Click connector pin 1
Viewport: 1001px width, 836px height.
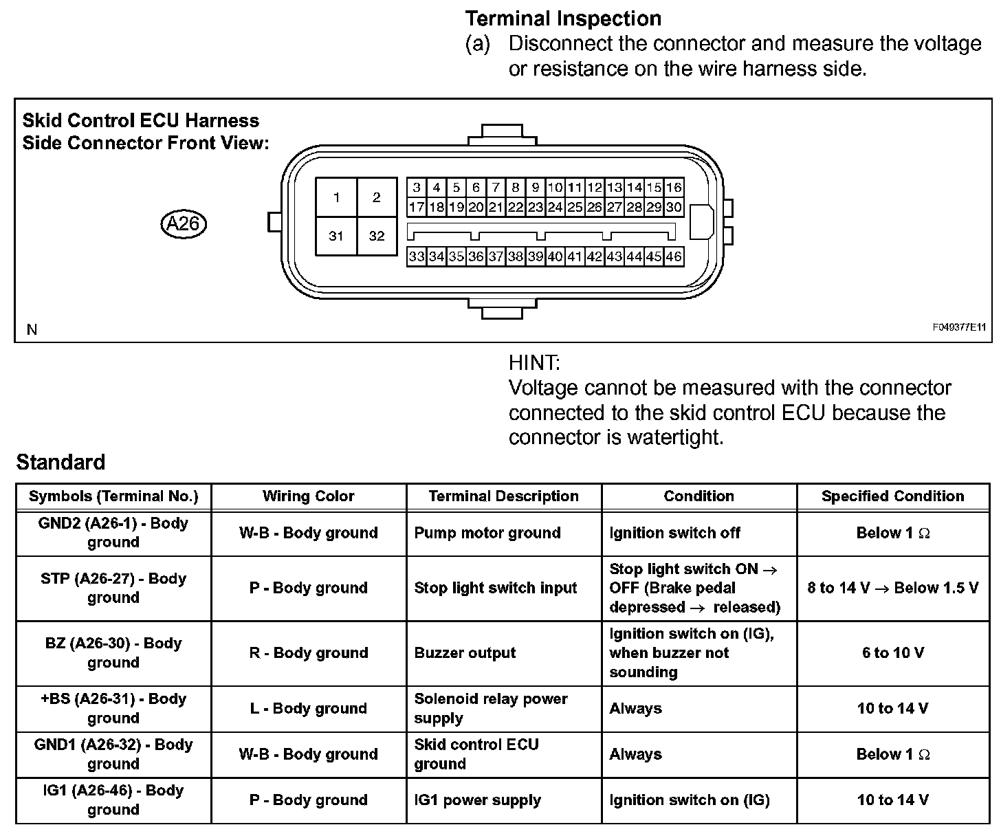pos(336,198)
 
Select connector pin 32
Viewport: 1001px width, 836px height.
pos(377,236)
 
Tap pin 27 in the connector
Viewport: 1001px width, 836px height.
pos(614,207)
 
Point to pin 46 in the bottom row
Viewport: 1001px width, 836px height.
pos(674,256)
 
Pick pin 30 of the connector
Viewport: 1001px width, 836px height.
pos(674,207)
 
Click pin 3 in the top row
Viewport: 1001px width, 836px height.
pos(416,187)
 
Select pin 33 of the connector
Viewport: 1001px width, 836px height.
pos(416,256)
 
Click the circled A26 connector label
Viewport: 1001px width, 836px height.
pos(183,223)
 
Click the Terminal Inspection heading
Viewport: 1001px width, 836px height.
pos(563,19)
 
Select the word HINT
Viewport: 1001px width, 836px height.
pos(534,362)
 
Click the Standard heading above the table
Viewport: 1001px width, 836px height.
pos(60,462)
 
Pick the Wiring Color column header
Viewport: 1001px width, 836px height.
pos(308,496)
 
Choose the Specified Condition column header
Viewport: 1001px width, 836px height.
pos(892,496)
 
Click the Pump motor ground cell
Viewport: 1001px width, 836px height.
pos(487,533)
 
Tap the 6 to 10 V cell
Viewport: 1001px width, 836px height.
pos(892,653)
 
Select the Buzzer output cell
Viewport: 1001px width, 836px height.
pos(465,653)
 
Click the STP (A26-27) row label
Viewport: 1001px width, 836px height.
pos(113,588)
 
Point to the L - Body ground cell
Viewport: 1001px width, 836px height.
pos(308,708)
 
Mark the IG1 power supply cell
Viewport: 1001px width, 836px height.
pos(477,800)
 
